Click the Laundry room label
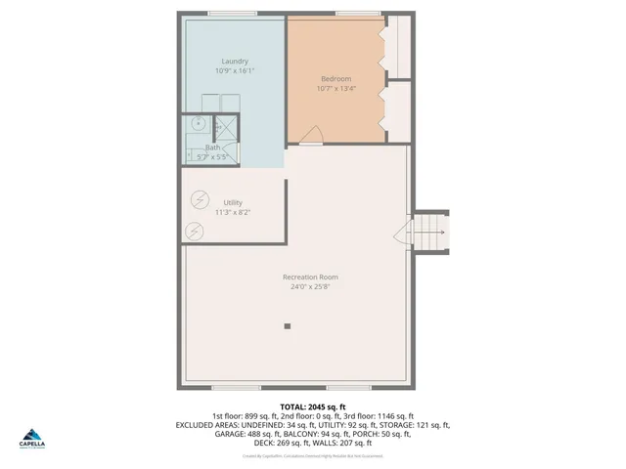(x=234, y=62)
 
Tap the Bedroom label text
(x=335, y=78)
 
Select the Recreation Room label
(x=311, y=277)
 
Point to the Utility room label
(x=234, y=202)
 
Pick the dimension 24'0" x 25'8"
(x=311, y=286)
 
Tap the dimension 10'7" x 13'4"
(x=335, y=88)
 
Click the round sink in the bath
(x=198, y=124)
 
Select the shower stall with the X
(x=226, y=125)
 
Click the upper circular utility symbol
(x=201, y=197)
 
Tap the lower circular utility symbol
(x=194, y=231)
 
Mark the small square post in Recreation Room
(x=288, y=325)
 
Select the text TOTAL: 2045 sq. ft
(x=313, y=406)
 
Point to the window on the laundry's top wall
(x=233, y=14)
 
